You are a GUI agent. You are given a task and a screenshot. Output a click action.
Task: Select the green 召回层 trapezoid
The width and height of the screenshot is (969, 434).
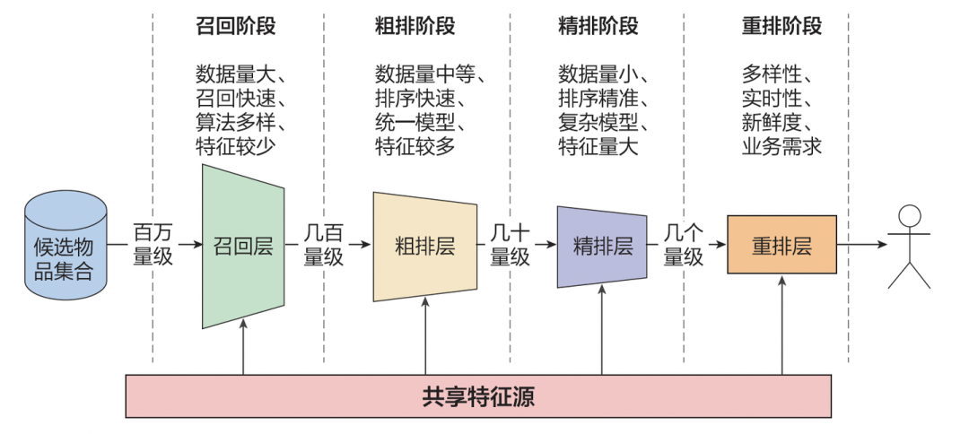pyautogui.click(x=243, y=246)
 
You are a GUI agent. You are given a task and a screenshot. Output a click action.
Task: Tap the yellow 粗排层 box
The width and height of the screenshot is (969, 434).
pyautogui.click(x=424, y=247)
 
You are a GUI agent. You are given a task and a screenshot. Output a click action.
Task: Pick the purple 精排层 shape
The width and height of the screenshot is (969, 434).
pyautogui.click(x=602, y=247)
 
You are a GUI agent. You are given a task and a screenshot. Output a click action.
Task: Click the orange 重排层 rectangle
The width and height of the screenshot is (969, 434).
pyautogui.click(x=781, y=245)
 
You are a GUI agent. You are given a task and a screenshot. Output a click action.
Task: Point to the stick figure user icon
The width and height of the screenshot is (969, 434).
pyautogui.click(x=909, y=246)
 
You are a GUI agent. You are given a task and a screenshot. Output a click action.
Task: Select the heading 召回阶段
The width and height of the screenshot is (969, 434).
pyautogui.click(x=235, y=26)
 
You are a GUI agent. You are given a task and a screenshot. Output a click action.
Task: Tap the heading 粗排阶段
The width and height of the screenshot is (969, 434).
pyautogui.click(x=415, y=26)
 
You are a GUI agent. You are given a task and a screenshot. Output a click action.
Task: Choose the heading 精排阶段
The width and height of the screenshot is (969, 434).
pyautogui.click(x=598, y=26)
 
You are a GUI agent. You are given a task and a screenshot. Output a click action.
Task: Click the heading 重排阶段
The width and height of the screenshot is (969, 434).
pyautogui.click(x=781, y=26)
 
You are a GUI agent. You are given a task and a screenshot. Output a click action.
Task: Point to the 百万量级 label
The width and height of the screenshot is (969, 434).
pyautogui.click(x=153, y=244)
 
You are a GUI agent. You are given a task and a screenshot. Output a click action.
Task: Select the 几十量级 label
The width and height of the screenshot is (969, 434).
pyautogui.click(x=510, y=244)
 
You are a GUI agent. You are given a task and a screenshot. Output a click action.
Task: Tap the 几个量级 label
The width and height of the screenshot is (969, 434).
pyautogui.click(x=684, y=244)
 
